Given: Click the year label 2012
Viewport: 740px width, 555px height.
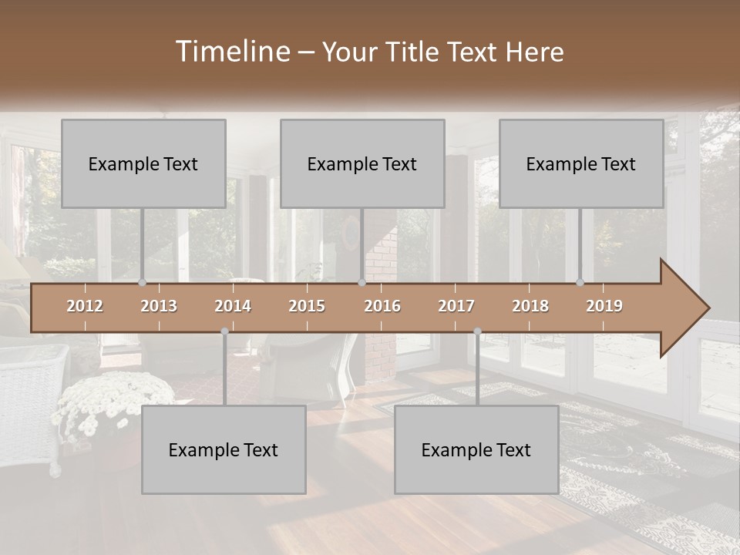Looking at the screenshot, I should (85, 306).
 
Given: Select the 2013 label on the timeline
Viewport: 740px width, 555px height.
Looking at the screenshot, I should (159, 306).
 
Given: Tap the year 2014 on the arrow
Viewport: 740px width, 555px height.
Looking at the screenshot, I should (233, 306).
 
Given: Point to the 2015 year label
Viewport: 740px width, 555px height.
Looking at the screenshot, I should (307, 306).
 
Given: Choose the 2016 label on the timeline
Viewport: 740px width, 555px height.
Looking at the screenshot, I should (382, 306).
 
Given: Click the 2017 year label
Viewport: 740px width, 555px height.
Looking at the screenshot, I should (456, 306).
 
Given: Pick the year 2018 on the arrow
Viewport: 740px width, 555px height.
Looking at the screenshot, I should (530, 306).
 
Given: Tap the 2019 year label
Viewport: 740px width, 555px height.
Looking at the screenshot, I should (604, 306).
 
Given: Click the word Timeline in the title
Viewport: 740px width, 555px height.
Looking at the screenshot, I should (231, 52).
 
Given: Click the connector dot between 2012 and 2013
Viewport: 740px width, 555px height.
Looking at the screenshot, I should (143, 283).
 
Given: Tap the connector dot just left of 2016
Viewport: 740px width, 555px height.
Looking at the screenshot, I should (362, 283).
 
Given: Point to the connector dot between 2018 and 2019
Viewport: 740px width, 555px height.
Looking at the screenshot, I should (580, 283).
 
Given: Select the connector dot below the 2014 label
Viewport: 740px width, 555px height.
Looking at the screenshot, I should (224, 331).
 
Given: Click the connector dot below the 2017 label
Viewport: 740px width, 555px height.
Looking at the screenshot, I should (477, 331).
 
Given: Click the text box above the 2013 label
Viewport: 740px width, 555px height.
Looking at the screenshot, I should (143, 163).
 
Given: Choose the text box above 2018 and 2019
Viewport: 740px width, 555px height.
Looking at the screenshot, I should (581, 163).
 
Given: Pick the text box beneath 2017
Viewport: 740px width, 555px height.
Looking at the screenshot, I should (476, 449).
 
